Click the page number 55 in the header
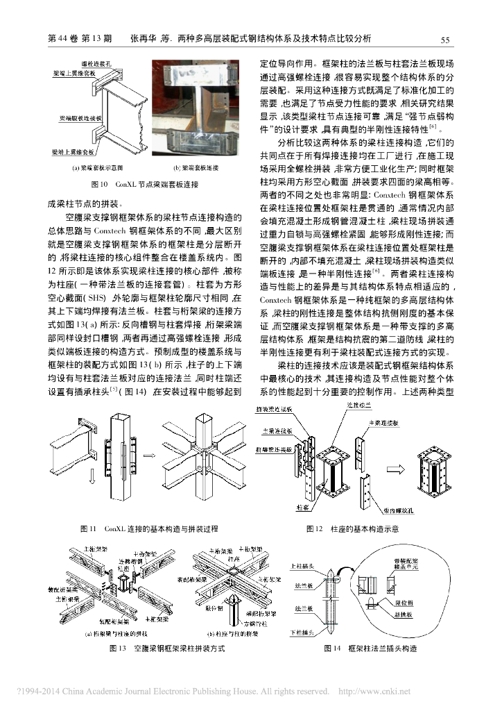tap(446, 40)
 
